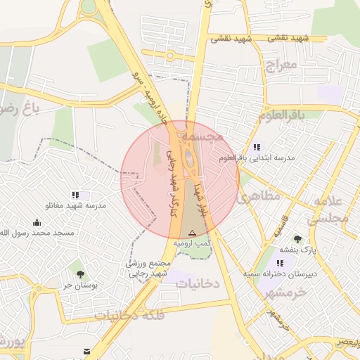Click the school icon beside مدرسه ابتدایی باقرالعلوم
[x=257, y=148]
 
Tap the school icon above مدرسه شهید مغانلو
[x=75, y=195]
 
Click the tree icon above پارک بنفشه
[x=298, y=239]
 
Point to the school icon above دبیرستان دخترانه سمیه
[x=280, y=262]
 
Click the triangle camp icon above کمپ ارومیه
[x=192, y=233]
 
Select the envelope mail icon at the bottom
[x=86, y=351]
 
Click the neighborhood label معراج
[x=283, y=67]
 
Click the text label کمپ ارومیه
[x=193, y=243]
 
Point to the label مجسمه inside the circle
[x=201, y=134]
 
